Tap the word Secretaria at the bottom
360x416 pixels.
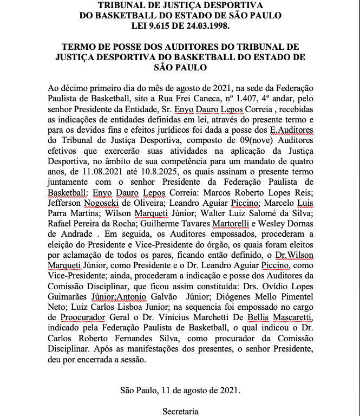(x=181, y=411)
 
